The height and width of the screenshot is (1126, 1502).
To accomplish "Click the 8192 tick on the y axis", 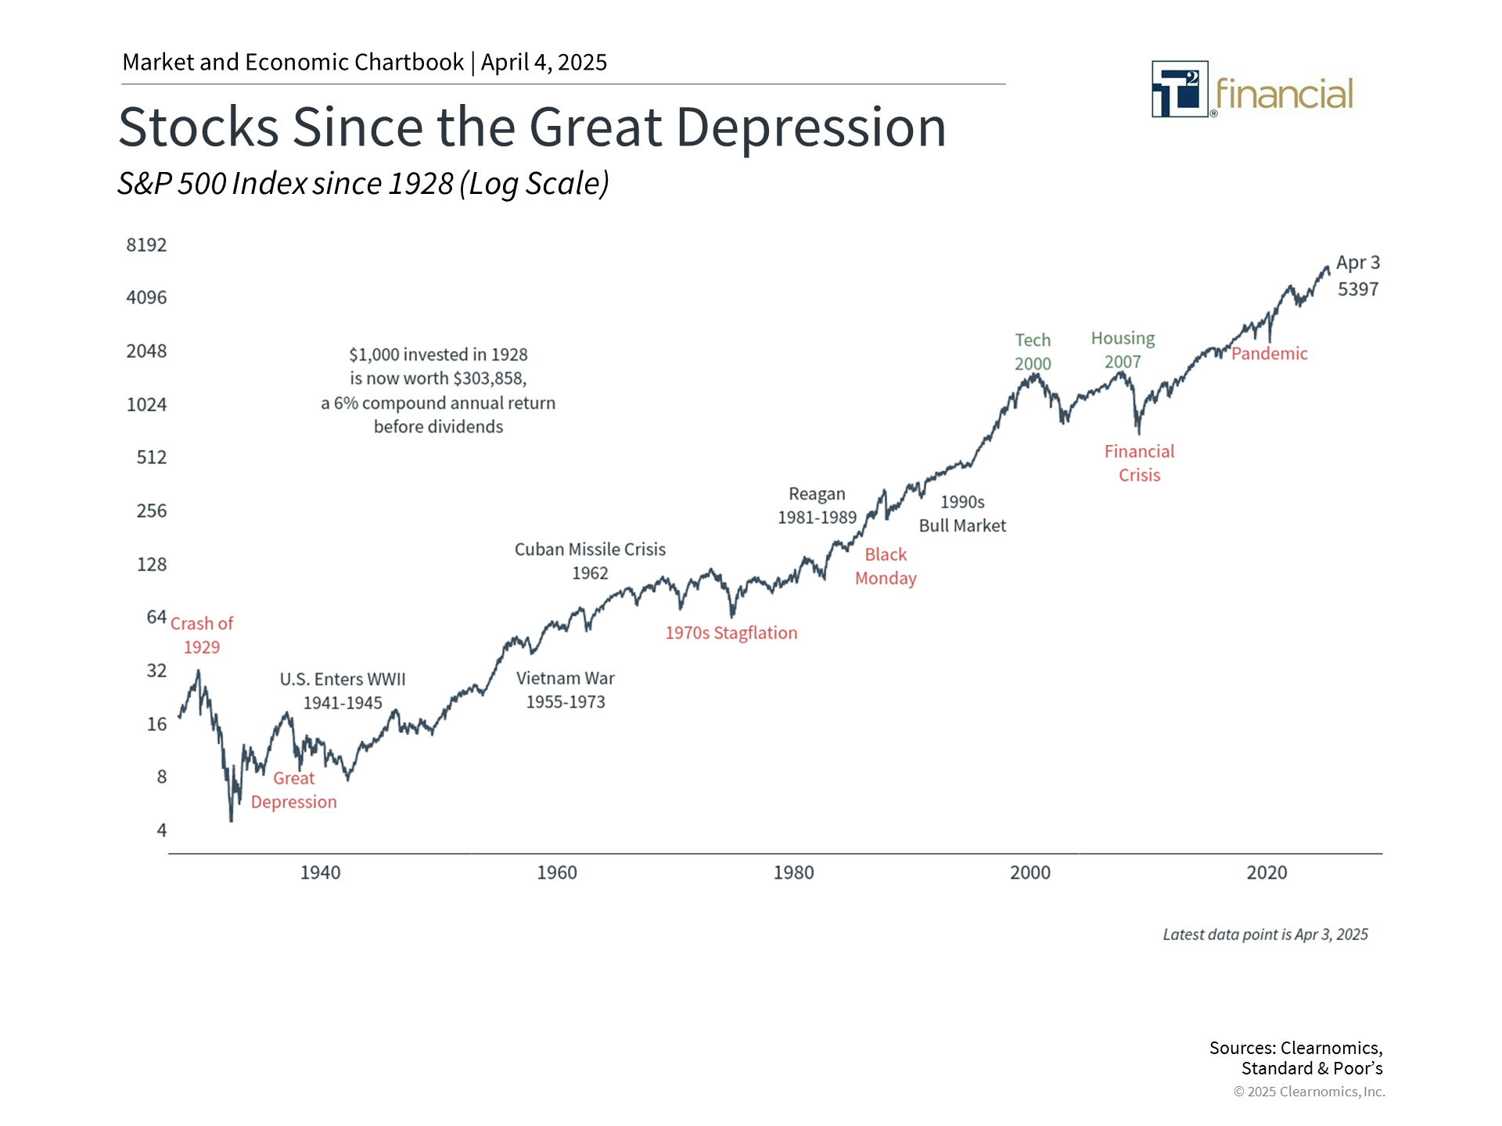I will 146,245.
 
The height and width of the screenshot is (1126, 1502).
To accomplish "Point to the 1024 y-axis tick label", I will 146,404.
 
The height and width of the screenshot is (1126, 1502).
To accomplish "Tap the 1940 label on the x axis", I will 320,873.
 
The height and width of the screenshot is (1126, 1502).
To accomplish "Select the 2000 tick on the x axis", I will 1029,873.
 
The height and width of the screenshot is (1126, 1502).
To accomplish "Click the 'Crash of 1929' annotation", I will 202,635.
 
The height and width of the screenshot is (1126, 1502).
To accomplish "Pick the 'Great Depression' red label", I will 293,790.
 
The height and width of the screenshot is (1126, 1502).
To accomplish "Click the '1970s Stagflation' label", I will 731,633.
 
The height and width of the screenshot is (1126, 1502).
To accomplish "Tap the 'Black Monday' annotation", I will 886,566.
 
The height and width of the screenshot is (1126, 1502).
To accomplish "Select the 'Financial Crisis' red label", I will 1139,463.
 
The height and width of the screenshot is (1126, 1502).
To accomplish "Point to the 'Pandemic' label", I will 1269,353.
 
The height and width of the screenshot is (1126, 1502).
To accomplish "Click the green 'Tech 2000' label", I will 1033,352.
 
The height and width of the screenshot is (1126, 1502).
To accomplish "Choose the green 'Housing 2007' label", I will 1123,350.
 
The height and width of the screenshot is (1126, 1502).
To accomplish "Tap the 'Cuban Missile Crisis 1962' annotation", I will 590,561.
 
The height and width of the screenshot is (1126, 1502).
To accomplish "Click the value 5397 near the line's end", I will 1357,289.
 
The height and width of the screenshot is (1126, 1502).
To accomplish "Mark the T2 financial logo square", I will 1180,89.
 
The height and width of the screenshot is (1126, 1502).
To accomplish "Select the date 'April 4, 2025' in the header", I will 544,62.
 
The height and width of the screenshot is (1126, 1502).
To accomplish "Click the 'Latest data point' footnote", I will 1265,934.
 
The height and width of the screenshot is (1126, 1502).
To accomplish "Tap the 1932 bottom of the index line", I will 231,819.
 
